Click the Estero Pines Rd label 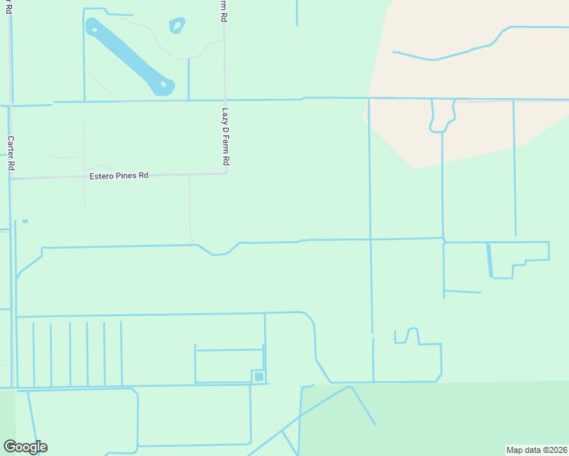pyautogui.click(x=118, y=176)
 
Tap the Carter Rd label pyautogui.click(x=11, y=153)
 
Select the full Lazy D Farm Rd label pyautogui.click(x=225, y=137)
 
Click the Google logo pyautogui.click(x=25, y=447)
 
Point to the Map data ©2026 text pyautogui.click(x=537, y=449)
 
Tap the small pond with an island pyautogui.click(x=177, y=26)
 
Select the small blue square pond pyautogui.click(x=259, y=376)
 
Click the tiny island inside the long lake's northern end pyautogui.click(x=94, y=30)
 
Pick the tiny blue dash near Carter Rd pyautogui.click(x=25, y=221)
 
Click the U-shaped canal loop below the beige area pyautogui.click(x=442, y=119)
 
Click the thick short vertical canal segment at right pyautogui.click(x=489, y=260)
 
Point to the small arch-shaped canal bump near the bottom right pyautogui.click(x=412, y=334)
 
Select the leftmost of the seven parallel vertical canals pyautogui.click(x=33, y=354)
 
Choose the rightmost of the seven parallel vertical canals pyautogui.click(x=121, y=353)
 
